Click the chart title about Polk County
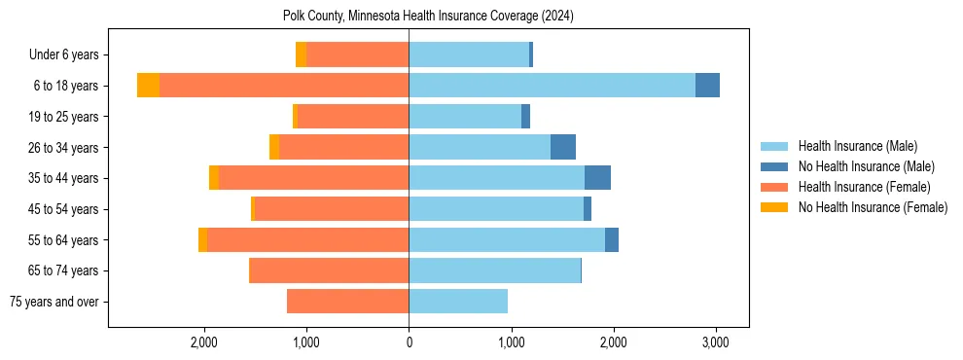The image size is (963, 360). pos(428,16)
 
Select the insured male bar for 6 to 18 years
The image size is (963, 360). pos(552,86)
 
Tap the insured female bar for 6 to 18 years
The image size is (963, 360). pos(284,86)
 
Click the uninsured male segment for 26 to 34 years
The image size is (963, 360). pos(563,147)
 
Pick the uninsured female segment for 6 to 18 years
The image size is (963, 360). pos(148,86)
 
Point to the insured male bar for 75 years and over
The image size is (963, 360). pos(458,302)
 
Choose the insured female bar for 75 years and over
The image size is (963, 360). pos(347,302)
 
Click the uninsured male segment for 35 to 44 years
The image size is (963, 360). pos(597,178)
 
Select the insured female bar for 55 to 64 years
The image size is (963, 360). pos(307,239)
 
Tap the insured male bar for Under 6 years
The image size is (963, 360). pos(469,54)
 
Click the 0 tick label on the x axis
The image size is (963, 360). pos(409,342)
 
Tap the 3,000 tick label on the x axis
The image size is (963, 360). pos(715,342)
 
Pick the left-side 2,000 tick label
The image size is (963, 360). pos(204,342)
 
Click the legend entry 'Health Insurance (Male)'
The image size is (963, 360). pos(857,146)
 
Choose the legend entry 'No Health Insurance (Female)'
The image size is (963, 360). pos(873,207)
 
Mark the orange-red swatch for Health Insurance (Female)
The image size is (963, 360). pos(774,187)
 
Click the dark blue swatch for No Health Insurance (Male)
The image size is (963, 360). pos(774,166)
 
